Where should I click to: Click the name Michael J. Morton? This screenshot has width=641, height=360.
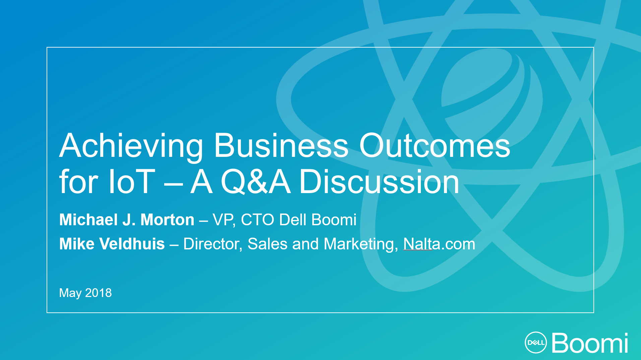[x=127, y=220]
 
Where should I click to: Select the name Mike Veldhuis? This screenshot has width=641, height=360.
[x=112, y=244]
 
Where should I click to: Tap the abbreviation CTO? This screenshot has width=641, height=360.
[x=257, y=220]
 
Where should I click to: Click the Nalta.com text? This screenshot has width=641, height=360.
[x=439, y=244]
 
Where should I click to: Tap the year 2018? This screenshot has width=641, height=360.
[x=99, y=293]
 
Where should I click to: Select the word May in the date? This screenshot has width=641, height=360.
[x=70, y=293]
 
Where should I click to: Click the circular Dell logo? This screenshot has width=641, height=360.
[x=535, y=342]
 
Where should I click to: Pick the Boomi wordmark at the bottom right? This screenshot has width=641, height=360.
[x=590, y=343]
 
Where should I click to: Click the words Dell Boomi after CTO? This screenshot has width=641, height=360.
[x=318, y=220]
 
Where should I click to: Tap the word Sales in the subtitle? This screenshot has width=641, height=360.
[x=267, y=244]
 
